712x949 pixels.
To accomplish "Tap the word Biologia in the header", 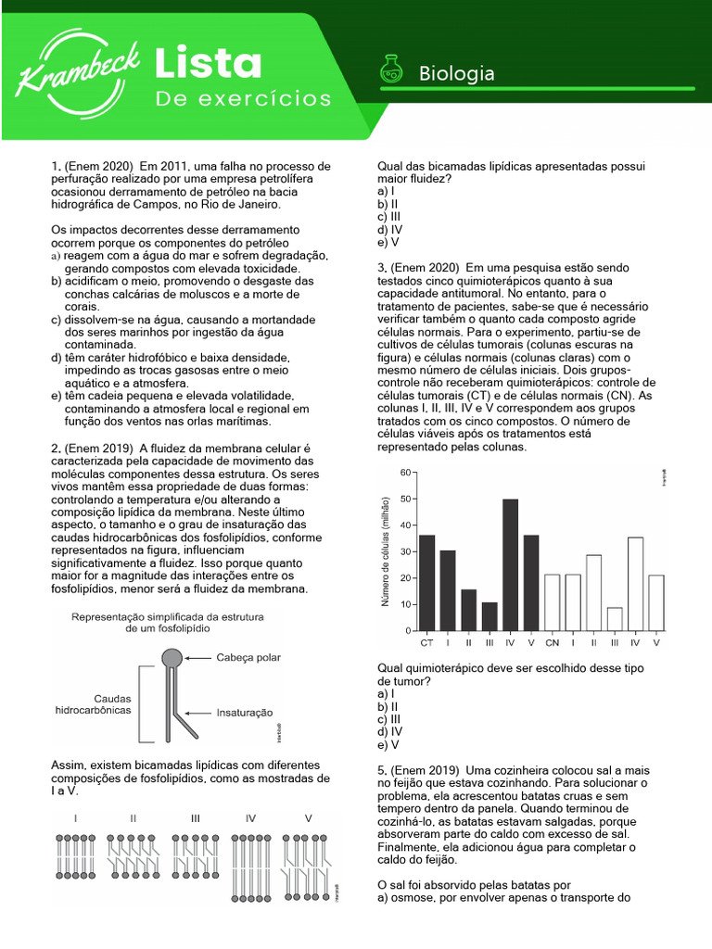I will (x=457, y=73).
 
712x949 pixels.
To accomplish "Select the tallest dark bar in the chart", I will (x=510, y=563).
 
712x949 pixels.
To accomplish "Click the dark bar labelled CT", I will (x=427, y=582).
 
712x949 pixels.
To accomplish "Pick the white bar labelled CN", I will (x=552, y=602).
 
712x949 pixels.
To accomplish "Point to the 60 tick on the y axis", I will (x=403, y=473).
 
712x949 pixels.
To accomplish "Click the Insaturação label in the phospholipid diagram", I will (x=244, y=713).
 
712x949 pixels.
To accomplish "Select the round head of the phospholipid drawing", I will (x=172, y=659).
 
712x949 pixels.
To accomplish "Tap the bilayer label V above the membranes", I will (x=309, y=818).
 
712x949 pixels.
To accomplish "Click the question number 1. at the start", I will (x=55, y=165).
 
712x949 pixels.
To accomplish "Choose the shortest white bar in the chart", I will (x=613, y=618).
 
